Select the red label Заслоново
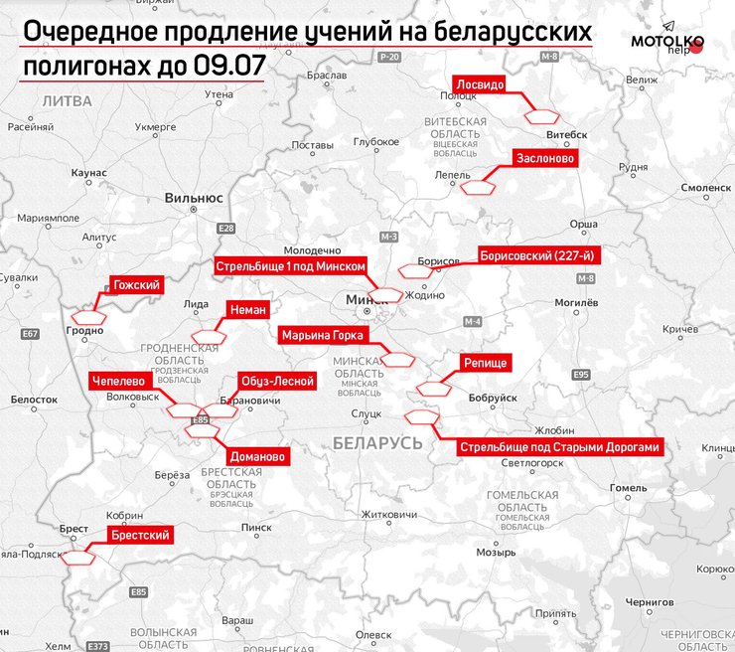[544, 158]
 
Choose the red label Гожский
[137, 284]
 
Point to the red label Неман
[247, 309]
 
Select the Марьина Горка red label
[323, 334]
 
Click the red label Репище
[486, 363]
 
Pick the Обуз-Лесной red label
[277, 381]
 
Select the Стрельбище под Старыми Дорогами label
[559, 447]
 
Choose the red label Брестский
[140, 536]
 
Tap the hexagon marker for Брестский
[79, 558]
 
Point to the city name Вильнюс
[194, 198]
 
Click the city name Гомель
[628, 488]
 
